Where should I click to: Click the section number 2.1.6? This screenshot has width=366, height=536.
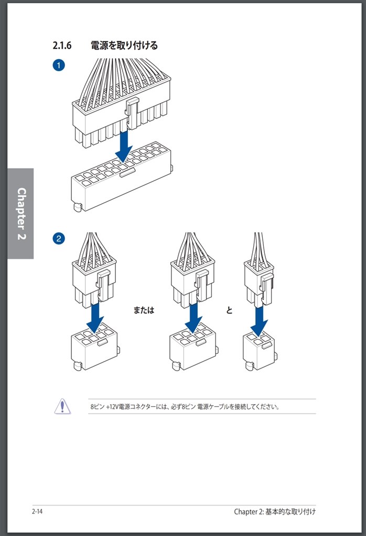(x=62, y=46)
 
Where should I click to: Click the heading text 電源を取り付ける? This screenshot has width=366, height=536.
(x=124, y=46)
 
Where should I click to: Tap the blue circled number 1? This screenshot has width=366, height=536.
(x=59, y=65)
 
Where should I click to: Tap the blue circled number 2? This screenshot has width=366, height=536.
(x=59, y=238)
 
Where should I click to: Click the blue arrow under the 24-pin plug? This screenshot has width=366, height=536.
(x=124, y=147)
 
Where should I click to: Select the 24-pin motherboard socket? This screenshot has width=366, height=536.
(x=122, y=176)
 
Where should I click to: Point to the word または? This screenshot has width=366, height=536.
(x=144, y=310)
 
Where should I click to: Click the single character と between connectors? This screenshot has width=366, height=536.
(x=229, y=310)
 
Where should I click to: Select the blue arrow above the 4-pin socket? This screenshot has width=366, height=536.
(x=259, y=321)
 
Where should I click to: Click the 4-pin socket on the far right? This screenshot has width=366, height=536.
(x=260, y=352)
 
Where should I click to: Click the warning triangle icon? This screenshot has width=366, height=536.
(x=62, y=406)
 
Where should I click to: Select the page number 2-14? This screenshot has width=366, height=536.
(x=37, y=511)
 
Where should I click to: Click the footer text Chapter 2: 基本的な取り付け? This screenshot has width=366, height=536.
(x=275, y=511)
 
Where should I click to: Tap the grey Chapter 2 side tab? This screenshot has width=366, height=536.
(x=20, y=214)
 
